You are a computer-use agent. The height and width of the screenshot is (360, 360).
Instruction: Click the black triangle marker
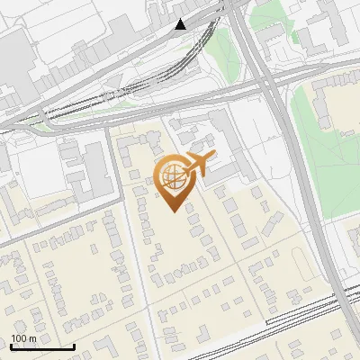(x=182, y=24)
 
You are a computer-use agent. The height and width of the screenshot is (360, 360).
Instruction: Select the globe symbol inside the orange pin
(x=171, y=176)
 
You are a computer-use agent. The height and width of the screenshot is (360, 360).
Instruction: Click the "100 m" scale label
(x=24, y=338)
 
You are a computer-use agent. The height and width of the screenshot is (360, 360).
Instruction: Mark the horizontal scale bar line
(x=42, y=346)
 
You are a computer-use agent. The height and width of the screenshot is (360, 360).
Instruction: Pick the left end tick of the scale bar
(x=11, y=346)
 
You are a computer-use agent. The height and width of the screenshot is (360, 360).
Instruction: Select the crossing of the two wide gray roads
(x=270, y=83)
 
